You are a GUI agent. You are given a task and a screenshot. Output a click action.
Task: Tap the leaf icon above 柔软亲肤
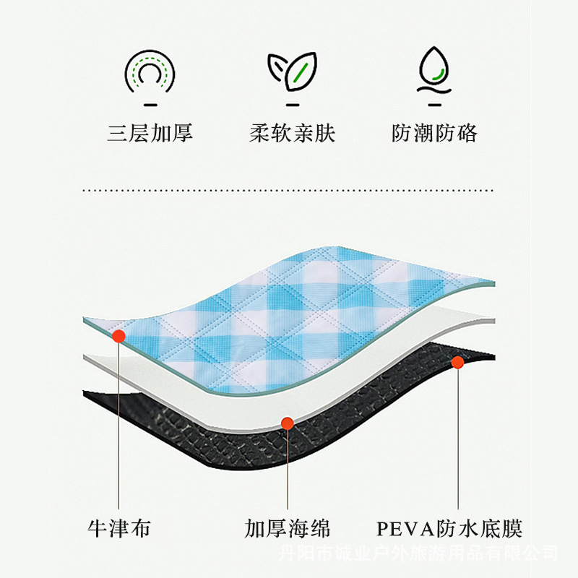pos(292,69)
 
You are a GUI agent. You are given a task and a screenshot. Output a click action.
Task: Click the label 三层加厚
pos(150,134)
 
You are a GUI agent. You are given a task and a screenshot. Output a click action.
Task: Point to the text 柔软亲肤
pos(292,134)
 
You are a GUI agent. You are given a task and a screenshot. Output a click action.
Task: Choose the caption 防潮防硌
pos(434,134)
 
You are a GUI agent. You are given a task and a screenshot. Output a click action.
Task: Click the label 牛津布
pos(119,528)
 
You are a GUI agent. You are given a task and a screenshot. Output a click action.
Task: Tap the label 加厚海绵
pos(287,528)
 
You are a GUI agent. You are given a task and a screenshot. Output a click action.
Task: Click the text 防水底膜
pos(479,528)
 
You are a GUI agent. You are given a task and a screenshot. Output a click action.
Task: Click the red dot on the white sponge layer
pos(287,424)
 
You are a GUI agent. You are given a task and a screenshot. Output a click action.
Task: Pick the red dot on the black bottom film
pos(457,361)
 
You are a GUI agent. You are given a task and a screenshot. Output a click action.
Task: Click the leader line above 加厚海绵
pos(287,470)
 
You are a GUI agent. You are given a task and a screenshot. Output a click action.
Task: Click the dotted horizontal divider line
pos(289,190)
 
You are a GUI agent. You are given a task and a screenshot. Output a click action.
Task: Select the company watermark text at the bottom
pos(419,553)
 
